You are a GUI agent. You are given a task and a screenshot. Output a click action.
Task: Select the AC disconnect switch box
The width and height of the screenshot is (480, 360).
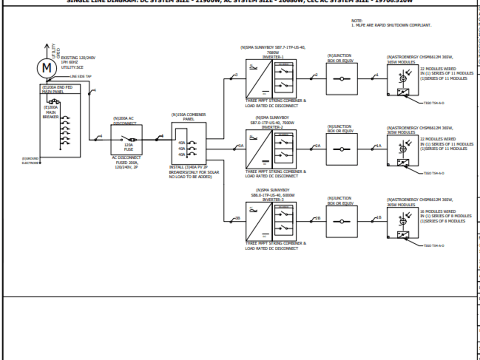[127, 140]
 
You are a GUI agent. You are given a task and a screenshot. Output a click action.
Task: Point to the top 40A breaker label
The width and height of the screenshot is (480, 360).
[181, 143]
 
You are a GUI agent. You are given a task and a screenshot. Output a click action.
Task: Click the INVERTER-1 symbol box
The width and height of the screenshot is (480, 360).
[271, 79]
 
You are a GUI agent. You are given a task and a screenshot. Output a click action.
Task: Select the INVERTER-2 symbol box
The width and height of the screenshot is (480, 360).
[271, 149]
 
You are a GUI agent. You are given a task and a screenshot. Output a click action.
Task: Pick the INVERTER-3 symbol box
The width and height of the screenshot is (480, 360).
[271, 221]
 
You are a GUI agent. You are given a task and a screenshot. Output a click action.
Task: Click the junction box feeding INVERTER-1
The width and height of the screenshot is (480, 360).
[342, 79]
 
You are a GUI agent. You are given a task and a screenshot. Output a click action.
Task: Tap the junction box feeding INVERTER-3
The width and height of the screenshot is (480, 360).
[342, 221]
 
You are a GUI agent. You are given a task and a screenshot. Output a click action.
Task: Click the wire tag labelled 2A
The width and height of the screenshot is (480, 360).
[318, 145]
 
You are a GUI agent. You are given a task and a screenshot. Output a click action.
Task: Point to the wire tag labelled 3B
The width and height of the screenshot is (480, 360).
[237, 218]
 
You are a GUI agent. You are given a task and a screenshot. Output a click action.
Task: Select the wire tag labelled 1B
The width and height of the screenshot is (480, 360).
[379, 217]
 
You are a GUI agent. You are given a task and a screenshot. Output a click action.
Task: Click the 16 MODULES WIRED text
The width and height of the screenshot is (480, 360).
[438, 211]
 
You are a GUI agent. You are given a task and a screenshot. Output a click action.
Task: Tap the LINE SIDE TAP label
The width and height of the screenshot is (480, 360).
[81, 76]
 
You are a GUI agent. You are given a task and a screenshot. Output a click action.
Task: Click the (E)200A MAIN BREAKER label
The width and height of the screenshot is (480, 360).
[50, 112]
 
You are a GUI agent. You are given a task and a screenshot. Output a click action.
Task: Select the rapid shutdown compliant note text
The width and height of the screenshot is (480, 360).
[391, 25]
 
